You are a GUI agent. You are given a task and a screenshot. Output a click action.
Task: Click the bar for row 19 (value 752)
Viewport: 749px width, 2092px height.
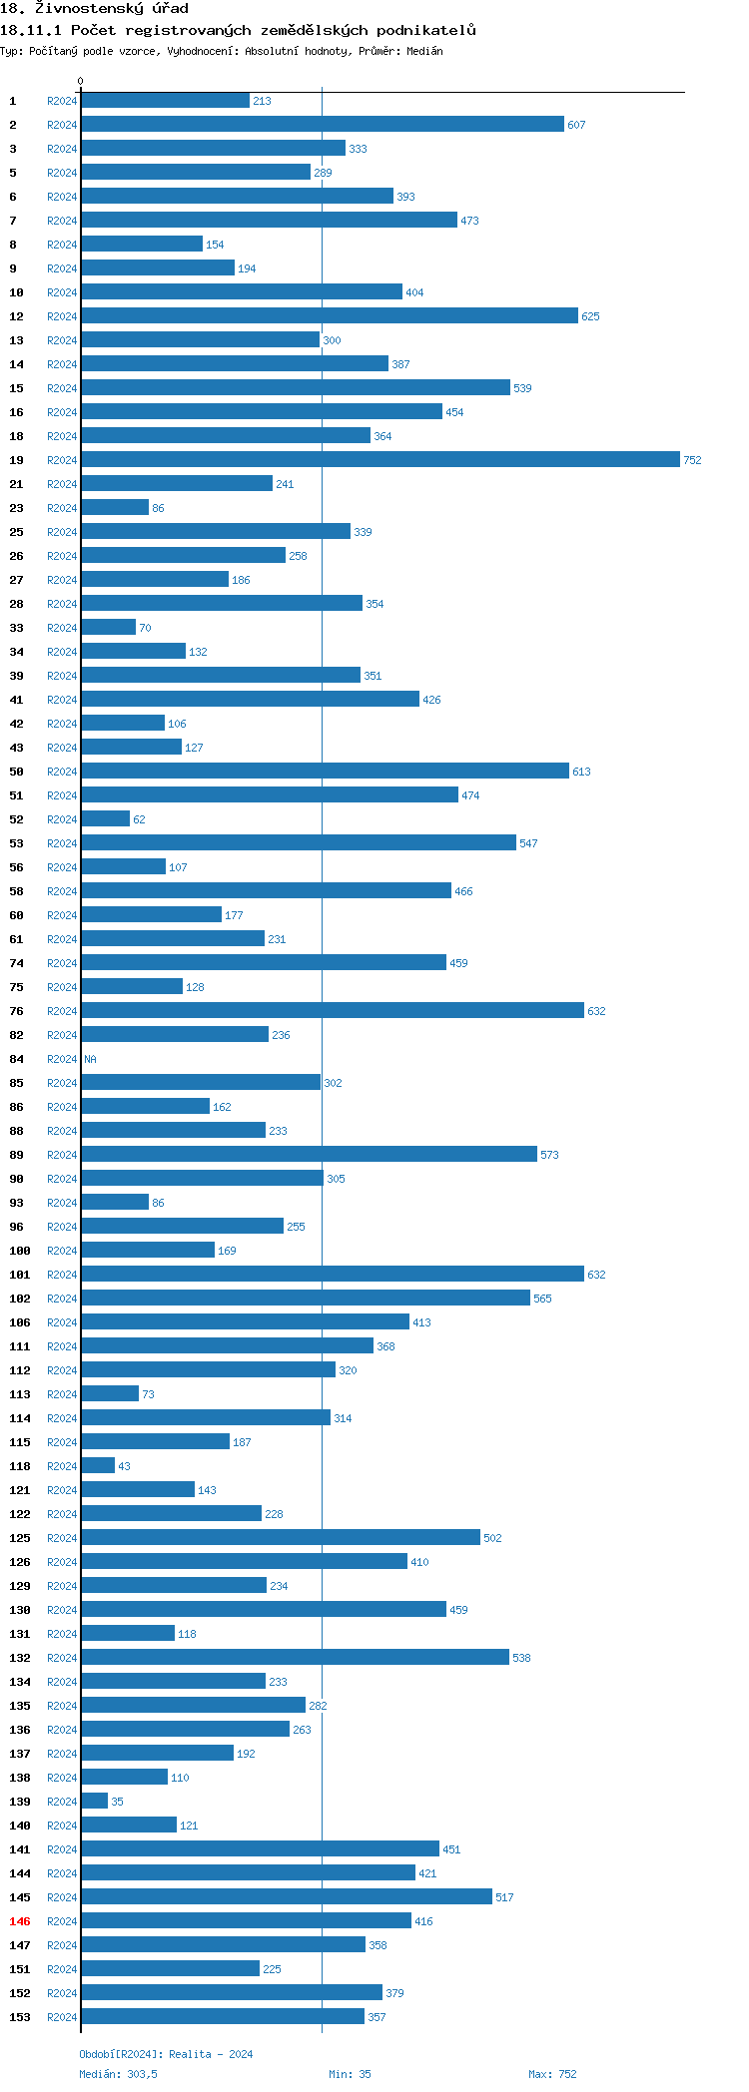(379, 459)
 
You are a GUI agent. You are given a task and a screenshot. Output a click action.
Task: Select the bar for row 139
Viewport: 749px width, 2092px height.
(95, 1801)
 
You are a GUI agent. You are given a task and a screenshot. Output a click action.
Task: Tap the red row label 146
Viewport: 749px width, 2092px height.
(20, 1921)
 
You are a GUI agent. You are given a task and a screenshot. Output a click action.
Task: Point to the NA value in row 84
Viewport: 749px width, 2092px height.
(90, 1059)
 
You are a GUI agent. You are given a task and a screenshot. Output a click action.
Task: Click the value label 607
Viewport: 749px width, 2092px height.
(576, 125)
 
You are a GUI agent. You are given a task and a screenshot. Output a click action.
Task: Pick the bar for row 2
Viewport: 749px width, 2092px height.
(323, 124)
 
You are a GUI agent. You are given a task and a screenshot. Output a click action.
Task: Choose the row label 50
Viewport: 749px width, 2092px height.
(17, 772)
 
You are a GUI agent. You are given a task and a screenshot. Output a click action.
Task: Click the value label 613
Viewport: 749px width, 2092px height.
(581, 772)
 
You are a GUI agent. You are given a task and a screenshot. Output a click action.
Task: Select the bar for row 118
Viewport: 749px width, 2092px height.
(98, 1465)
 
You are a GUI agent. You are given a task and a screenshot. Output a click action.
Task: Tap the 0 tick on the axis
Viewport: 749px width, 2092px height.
(81, 81)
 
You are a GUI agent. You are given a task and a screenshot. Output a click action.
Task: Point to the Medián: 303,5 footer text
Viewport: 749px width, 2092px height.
(118, 2074)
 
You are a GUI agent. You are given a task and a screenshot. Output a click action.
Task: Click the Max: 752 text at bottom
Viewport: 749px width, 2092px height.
(552, 2074)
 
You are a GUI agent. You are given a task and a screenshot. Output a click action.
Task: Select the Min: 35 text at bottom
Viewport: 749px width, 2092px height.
(350, 2074)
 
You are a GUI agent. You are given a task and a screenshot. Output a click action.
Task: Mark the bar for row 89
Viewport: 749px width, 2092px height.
(309, 1154)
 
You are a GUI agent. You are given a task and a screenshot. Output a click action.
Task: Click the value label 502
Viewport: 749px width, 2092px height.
(492, 1538)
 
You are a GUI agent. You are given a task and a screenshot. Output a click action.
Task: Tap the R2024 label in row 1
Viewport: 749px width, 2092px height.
(62, 101)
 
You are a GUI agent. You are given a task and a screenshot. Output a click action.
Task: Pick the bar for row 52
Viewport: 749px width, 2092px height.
(106, 818)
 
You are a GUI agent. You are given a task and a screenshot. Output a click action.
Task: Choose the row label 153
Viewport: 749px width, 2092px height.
(20, 2017)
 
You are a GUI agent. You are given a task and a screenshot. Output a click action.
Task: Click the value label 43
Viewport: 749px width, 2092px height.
(124, 1466)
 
